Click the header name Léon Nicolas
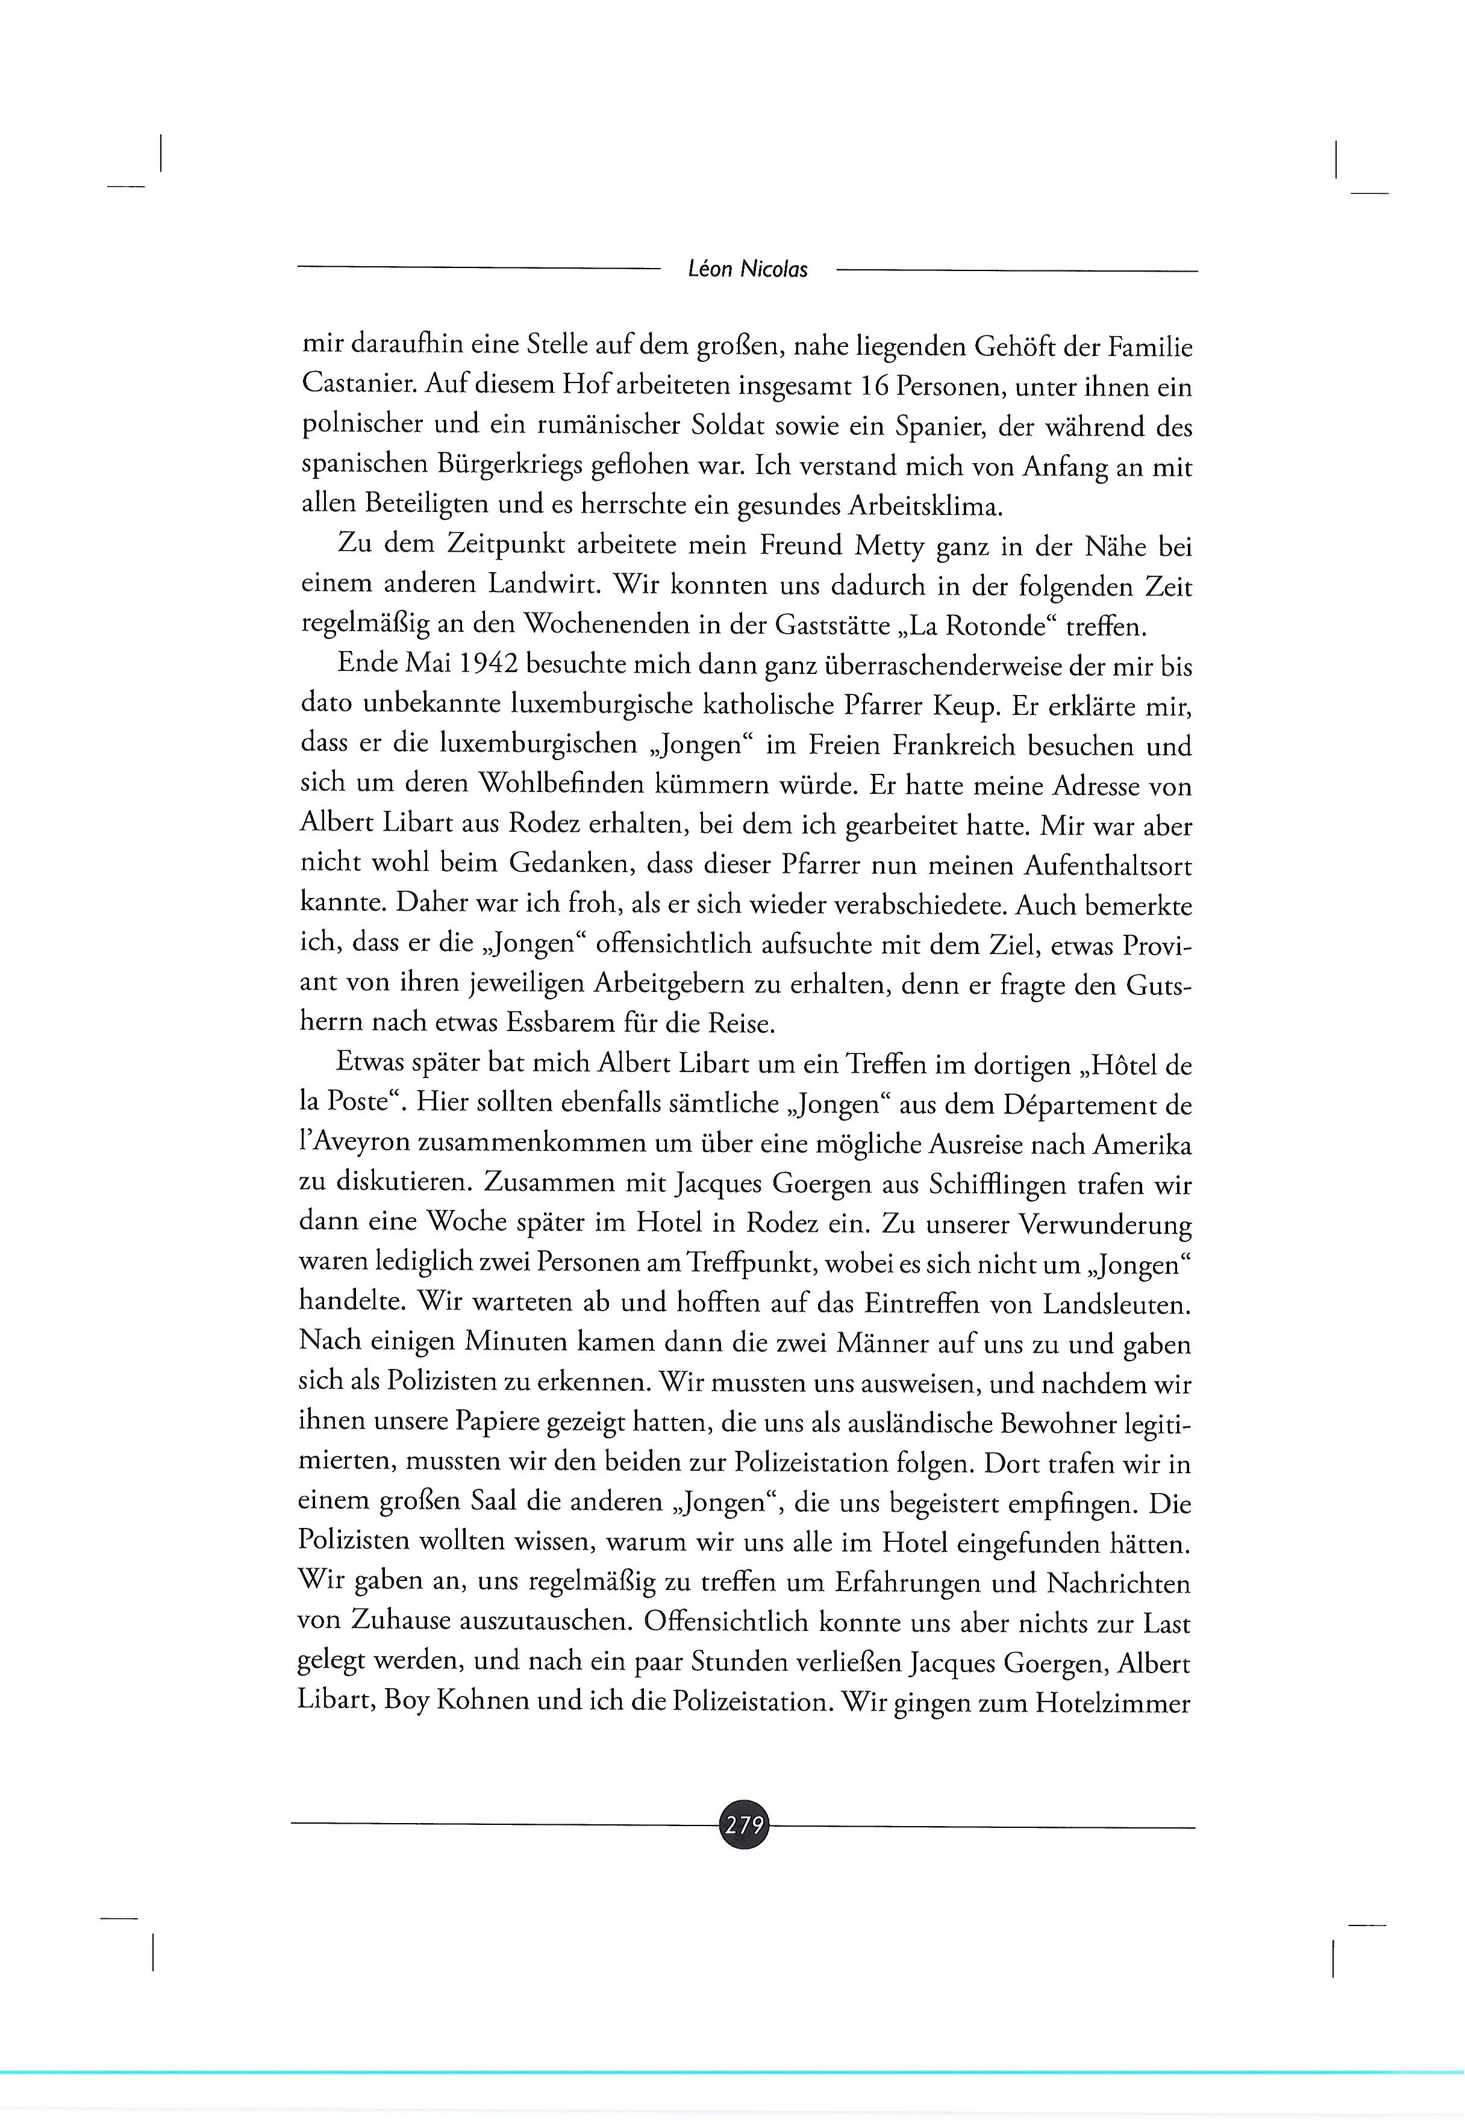click(x=747, y=270)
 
